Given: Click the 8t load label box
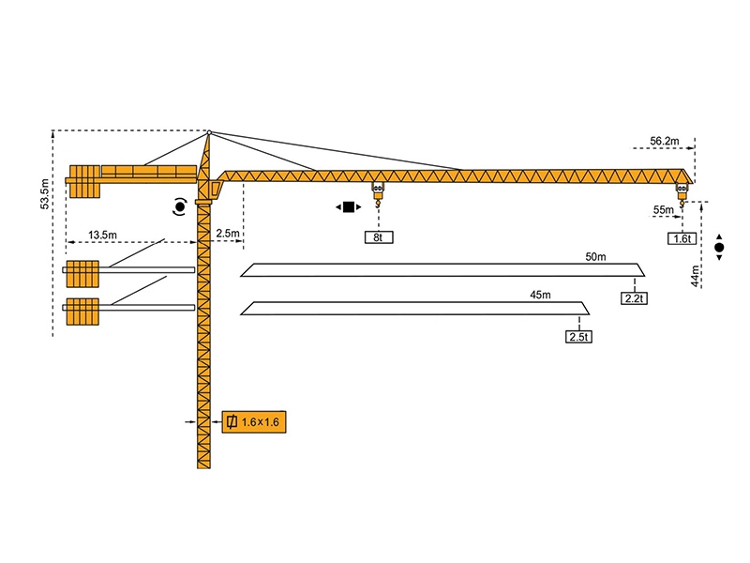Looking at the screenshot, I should pos(378,238).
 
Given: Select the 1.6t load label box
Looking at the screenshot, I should pos(682,238).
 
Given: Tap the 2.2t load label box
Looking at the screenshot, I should pos(633,298).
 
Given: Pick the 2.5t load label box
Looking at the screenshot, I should pos(578,335).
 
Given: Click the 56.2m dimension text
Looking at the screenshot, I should pos(664,141).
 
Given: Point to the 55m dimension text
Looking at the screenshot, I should pos(663,209).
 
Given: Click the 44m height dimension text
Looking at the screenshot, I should pos(695,276).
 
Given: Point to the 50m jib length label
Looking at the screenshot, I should pos(595,256).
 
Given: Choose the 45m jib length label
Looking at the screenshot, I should pos(540,294).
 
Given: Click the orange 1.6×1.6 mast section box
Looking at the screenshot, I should pos(252,423).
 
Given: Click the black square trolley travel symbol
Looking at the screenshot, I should pos(349,206).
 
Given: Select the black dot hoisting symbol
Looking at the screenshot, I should pos(719,248).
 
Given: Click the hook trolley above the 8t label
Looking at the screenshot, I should pos(378,193).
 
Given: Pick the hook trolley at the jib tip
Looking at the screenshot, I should pos(682,193).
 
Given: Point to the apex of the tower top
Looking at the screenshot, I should pos(210,132).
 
